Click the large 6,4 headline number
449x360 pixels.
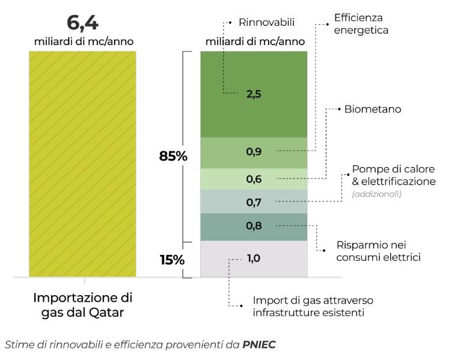tap(82, 24)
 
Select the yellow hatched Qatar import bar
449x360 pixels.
tap(82, 163)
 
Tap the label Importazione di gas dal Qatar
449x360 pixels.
tap(82, 304)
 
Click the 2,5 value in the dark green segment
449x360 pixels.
tap(254, 94)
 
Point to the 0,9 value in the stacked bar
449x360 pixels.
tap(254, 151)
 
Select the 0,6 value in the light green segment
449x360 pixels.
tap(254, 179)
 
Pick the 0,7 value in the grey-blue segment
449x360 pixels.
tap(254, 203)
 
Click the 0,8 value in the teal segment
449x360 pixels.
tap(254, 226)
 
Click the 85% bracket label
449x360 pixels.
tap(173, 156)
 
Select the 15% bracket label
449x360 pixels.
tap(173, 260)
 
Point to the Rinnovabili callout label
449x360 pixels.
tap(267, 23)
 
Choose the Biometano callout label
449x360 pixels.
tap(373, 109)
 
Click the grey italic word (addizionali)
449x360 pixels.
tap(376, 194)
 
